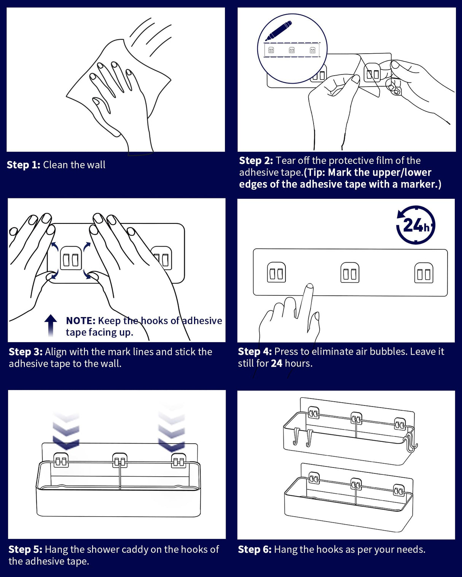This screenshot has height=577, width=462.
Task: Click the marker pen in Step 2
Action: click(x=279, y=30)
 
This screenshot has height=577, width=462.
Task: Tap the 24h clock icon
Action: click(x=416, y=225)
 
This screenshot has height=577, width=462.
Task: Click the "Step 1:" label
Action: click(x=23, y=165)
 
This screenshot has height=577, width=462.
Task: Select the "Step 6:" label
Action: click(x=254, y=549)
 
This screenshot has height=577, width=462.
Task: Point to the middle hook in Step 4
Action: click(x=350, y=273)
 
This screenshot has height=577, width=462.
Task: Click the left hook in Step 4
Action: click(x=276, y=272)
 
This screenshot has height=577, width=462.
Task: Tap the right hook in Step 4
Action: click(x=424, y=273)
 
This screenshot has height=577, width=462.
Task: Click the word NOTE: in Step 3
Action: click(x=80, y=320)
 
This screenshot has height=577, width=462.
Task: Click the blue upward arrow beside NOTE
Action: click(x=51, y=325)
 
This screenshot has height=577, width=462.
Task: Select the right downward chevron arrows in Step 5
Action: click(x=172, y=430)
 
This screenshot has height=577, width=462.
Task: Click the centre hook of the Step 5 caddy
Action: click(x=120, y=461)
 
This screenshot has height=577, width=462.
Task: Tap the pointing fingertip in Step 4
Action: click(x=310, y=287)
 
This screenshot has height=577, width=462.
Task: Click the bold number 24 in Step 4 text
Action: click(x=276, y=363)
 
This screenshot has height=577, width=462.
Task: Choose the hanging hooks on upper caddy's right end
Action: click(x=411, y=442)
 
